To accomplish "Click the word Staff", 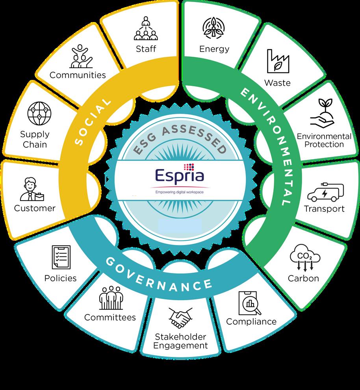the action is coord(146,49).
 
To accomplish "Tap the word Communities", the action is coord(78,74).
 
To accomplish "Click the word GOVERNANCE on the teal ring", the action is coord(158,274).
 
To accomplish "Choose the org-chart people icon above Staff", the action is coord(146,28).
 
